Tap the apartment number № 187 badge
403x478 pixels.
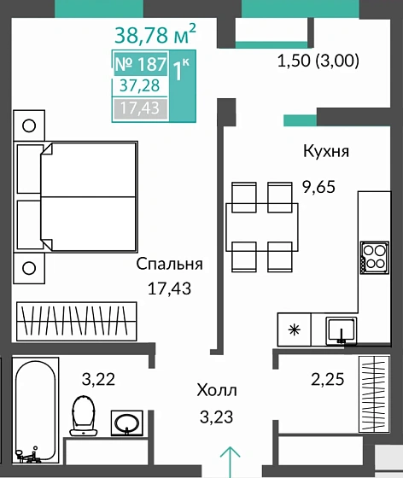141,66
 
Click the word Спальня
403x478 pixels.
169,264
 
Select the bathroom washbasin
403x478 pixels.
129,422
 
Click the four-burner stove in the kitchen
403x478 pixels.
372,257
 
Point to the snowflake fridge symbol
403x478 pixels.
294,328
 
